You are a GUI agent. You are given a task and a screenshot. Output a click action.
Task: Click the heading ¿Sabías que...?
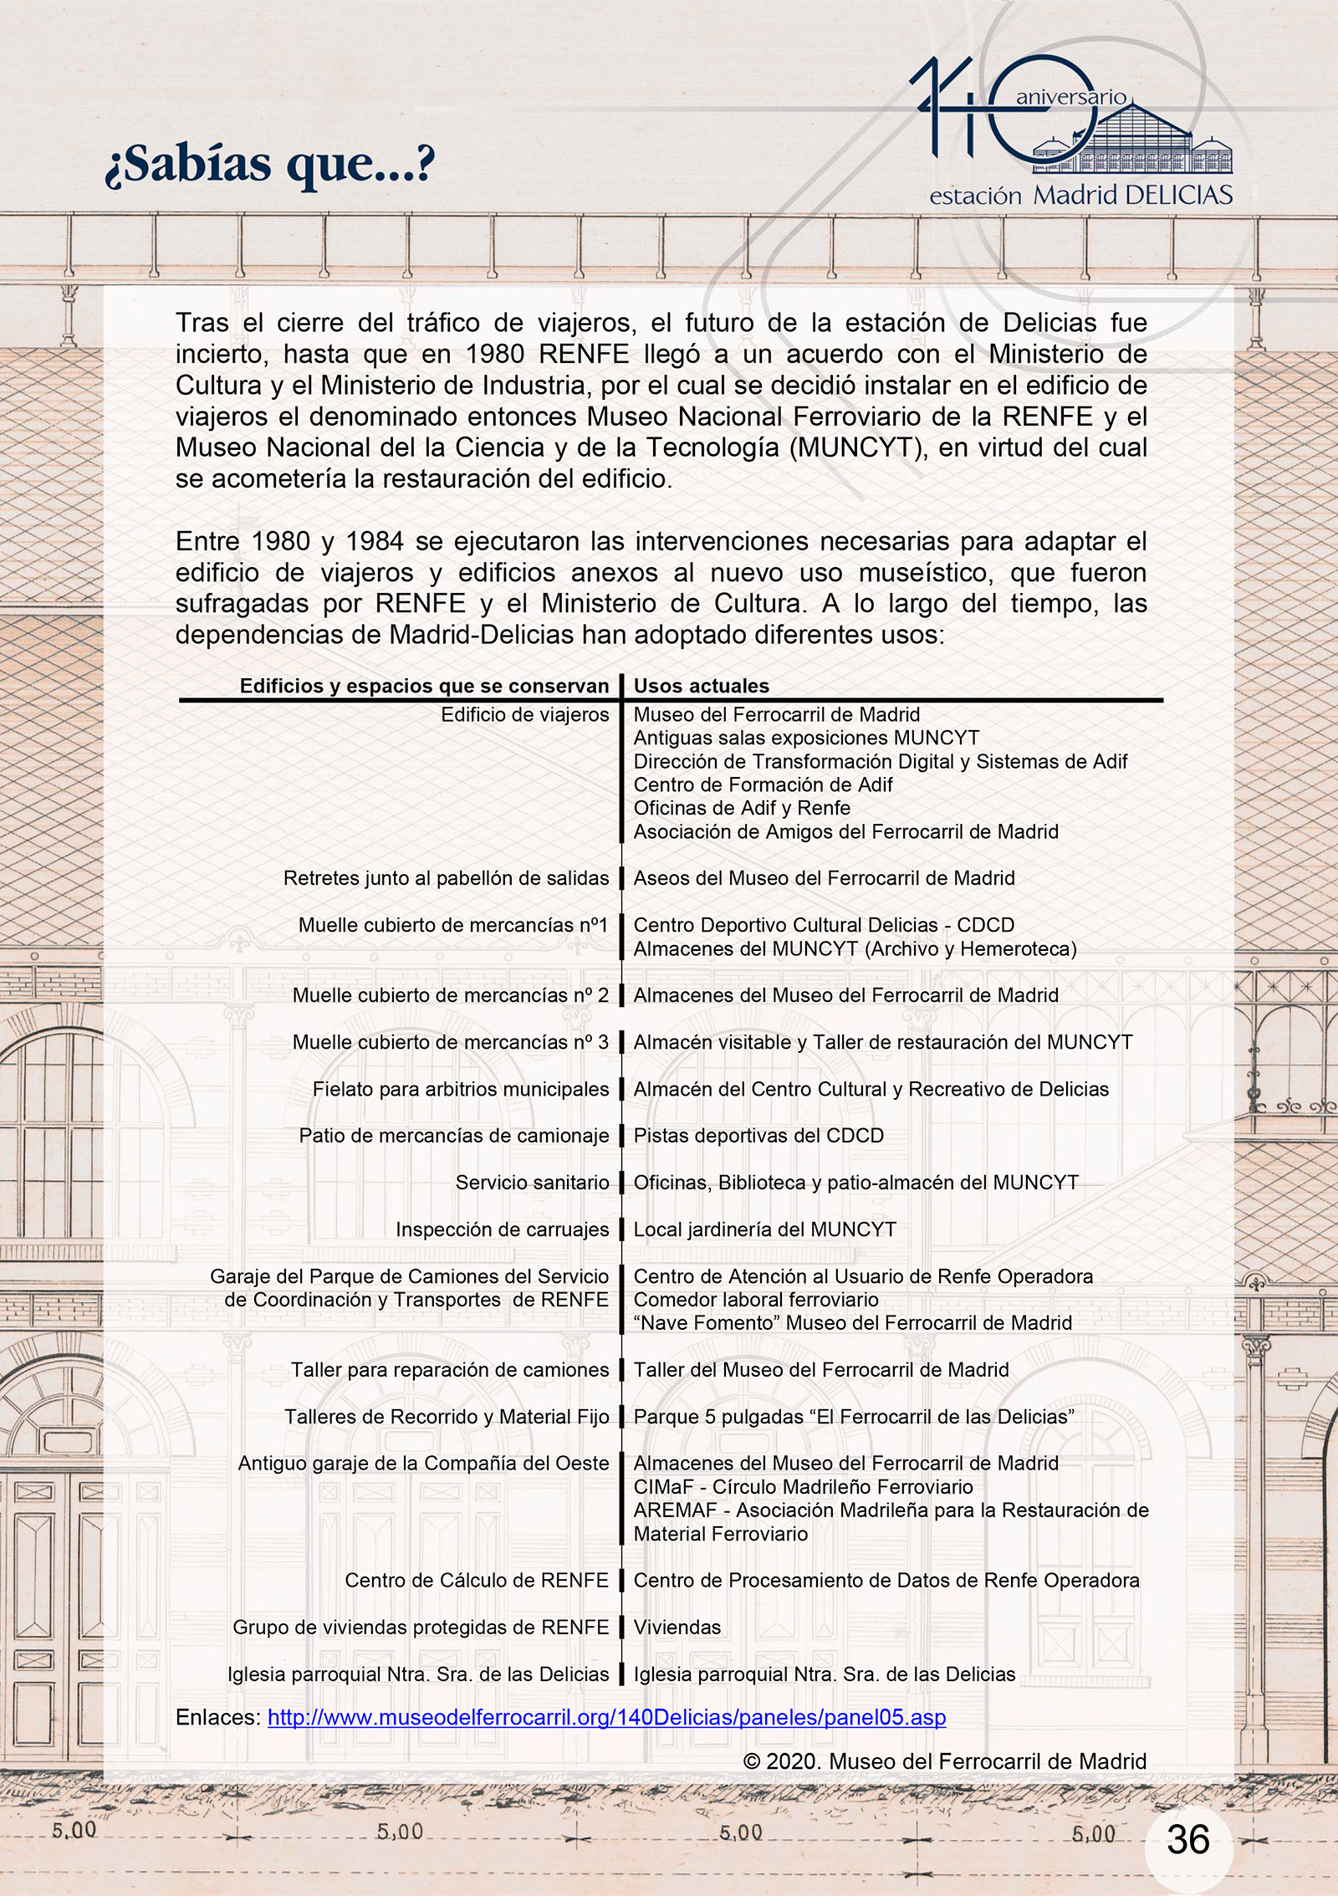click(269, 165)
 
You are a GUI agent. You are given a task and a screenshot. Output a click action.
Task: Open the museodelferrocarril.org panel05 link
click(606, 1718)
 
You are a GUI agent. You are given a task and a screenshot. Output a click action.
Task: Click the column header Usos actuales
click(701, 686)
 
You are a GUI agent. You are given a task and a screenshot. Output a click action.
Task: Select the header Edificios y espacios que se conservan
click(424, 686)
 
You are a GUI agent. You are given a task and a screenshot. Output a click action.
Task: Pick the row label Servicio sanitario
click(532, 1183)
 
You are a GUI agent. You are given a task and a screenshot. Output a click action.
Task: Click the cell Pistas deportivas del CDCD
click(758, 1136)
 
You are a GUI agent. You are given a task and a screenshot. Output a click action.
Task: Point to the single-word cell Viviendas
click(677, 1627)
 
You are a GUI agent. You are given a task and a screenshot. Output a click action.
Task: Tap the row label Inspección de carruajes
click(502, 1229)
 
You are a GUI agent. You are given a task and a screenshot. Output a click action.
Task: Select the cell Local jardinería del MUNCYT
click(764, 1229)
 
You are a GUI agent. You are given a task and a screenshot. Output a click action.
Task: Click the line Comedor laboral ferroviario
click(756, 1300)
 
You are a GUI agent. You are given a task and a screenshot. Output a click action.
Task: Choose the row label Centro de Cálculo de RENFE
click(477, 1580)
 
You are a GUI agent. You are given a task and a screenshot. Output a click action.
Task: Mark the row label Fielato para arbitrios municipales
click(461, 1089)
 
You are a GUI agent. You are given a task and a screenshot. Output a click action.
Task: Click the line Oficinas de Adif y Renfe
click(742, 808)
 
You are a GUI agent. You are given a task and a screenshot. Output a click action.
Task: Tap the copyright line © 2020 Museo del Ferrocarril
click(944, 1761)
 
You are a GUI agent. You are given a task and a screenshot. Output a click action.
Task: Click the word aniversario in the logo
click(1071, 98)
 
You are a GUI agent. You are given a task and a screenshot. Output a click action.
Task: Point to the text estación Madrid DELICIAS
click(1080, 196)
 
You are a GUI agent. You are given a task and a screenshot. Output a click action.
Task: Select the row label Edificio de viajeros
click(524, 714)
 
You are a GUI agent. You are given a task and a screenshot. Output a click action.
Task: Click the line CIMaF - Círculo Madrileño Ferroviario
click(803, 1486)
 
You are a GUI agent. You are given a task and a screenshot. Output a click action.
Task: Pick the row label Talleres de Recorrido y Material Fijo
click(447, 1416)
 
